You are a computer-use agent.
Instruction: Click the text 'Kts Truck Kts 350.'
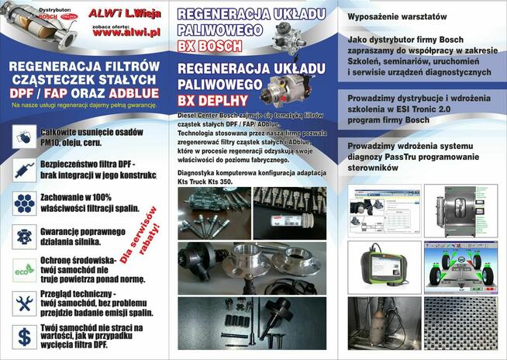point(205,181)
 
